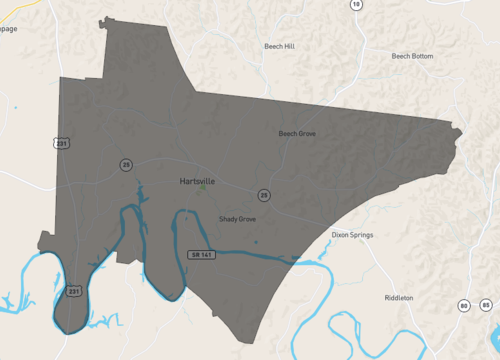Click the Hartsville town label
pos(197,182)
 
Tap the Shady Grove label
pos(237,218)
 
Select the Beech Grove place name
pos(297,133)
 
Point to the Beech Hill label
pos(276,46)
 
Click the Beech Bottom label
pos(412,56)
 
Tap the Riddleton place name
pos(400,298)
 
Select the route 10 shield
pos(355,4)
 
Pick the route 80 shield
pos(464,304)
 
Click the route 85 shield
pos(486,304)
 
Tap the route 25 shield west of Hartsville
pos(126,163)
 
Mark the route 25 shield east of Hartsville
pos(264,195)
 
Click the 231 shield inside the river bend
pos(73,291)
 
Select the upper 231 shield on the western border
pos(62,144)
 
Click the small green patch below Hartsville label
pos(204,188)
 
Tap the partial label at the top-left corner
pos(8,28)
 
